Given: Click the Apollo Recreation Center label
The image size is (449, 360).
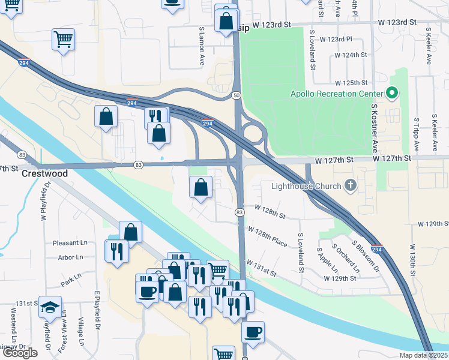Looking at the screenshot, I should [337, 94].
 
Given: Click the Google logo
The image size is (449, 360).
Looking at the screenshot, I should [20, 353].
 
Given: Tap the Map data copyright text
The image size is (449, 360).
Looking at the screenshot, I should [424, 355].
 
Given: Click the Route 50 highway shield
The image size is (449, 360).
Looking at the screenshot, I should [237, 96].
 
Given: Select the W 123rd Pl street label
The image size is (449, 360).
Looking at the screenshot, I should [336, 39].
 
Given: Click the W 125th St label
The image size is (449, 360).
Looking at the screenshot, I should [351, 82].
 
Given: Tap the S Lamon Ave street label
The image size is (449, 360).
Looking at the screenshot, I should [202, 38].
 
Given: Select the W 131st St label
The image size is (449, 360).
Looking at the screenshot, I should [261, 268].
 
